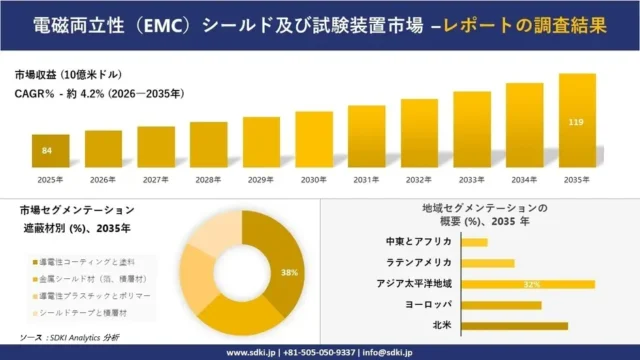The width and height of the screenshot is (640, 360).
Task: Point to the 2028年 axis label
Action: pos(208,180)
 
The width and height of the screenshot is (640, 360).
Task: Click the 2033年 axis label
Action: pos(470,180)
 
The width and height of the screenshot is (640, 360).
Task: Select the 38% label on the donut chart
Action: pos(290,272)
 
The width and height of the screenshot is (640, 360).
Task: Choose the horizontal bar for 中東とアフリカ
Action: pos(475,242)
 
